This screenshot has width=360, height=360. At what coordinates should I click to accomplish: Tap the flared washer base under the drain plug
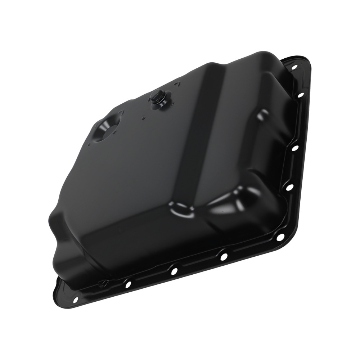tap(159, 103)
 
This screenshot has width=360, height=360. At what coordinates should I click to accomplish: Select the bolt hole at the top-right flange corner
tap(294, 67)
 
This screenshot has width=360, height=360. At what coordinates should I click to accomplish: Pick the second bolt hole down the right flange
tap(301, 95)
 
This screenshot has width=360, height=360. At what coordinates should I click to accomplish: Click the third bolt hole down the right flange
tap(294, 148)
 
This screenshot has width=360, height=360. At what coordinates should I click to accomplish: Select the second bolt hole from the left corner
tap(127, 284)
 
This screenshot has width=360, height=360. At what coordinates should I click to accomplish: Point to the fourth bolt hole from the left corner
tap(223, 256)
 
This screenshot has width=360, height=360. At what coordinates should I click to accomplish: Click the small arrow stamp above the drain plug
tap(176, 85)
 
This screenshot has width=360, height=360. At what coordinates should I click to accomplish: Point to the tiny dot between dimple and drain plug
tap(143, 117)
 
